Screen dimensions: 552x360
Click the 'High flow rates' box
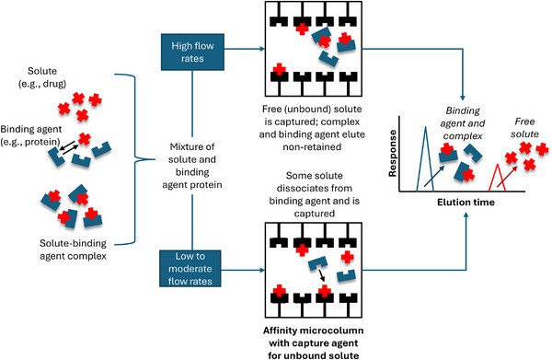click(192, 52)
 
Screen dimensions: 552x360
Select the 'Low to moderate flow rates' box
click(190, 269)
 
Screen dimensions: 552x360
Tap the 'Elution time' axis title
click(466, 203)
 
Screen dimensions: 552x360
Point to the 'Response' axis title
click(392, 153)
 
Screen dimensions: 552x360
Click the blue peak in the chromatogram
click(425, 158)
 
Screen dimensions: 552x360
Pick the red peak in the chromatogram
click(498, 178)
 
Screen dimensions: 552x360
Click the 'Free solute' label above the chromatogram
click(524, 127)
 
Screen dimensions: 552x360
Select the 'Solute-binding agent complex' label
click(73, 250)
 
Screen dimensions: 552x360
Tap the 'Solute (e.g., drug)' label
click(42, 77)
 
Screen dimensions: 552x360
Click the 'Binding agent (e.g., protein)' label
click(31, 135)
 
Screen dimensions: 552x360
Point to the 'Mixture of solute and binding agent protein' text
click(192, 166)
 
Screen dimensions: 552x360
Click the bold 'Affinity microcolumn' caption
click(314, 331)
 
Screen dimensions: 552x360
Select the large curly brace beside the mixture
click(135, 159)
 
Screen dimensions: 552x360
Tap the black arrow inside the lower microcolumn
click(321, 275)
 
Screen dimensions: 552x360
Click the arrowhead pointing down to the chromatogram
click(463, 98)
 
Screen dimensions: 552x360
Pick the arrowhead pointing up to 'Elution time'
click(466, 215)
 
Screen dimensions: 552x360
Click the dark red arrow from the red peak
click(507, 177)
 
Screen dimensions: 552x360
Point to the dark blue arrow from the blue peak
click(433, 176)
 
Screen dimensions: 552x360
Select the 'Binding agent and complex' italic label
click(463, 123)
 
